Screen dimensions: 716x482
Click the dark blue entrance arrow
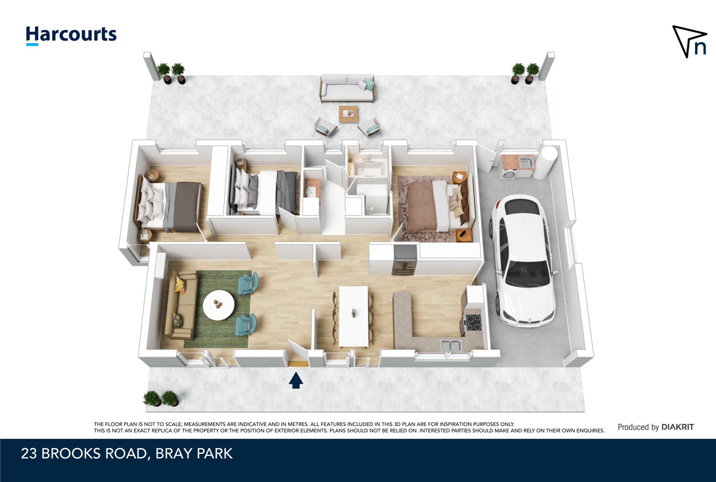point(296,380)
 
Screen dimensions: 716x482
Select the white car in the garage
point(522,260)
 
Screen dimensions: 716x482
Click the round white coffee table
point(219,305)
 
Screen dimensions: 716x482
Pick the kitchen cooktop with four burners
point(473,322)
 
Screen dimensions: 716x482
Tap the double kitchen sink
point(451,346)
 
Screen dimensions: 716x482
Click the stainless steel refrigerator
point(404,260)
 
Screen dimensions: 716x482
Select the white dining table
point(353,316)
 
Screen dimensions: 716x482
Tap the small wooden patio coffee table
point(348,114)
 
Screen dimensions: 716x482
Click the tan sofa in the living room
point(181,305)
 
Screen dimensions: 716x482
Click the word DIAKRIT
point(678,427)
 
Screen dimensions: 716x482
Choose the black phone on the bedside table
point(463,233)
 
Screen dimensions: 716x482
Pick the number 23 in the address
point(29,453)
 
